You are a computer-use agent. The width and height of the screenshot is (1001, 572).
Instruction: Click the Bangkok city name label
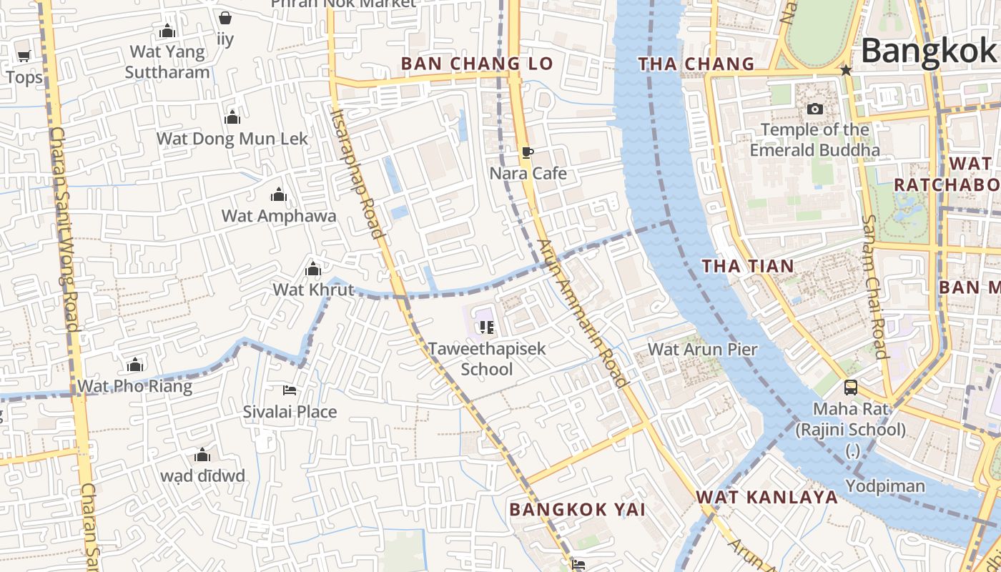(x=928, y=50)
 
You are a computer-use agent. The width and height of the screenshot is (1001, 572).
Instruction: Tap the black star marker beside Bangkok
(x=846, y=70)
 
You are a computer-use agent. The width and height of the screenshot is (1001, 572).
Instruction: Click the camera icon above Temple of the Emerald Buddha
(x=814, y=109)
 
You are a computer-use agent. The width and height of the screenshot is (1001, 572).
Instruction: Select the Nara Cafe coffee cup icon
(x=527, y=152)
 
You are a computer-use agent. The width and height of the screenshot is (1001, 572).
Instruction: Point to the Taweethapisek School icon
(x=487, y=327)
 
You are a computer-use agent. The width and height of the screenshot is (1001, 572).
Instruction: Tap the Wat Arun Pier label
(x=702, y=350)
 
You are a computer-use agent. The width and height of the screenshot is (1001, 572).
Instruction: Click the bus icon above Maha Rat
(x=850, y=388)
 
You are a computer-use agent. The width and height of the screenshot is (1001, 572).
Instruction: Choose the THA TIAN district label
(x=748, y=267)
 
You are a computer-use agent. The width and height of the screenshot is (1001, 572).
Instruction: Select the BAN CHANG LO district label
(x=477, y=64)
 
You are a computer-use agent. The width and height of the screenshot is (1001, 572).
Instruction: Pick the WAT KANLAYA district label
(x=767, y=498)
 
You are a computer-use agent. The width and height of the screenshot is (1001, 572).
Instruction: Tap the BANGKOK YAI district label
(x=578, y=510)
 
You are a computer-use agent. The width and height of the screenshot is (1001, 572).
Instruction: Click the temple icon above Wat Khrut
(x=312, y=270)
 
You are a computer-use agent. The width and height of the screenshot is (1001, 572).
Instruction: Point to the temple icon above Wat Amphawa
(x=278, y=194)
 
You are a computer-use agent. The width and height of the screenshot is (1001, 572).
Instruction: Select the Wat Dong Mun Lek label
(x=232, y=139)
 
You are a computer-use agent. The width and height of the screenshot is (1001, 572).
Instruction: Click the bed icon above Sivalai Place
(x=290, y=390)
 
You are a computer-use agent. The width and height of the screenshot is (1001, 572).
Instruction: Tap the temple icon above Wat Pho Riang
(x=134, y=365)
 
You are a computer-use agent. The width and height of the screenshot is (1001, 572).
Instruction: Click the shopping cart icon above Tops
(x=24, y=56)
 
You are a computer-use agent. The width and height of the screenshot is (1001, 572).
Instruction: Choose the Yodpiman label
(x=885, y=486)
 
